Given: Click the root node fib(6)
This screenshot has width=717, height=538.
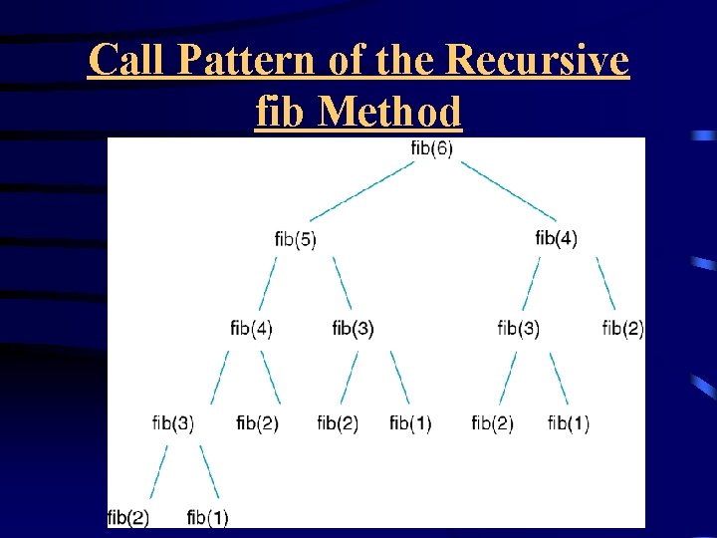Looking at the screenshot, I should [431, 148].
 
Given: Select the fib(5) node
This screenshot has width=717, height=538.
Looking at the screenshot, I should [295, 239].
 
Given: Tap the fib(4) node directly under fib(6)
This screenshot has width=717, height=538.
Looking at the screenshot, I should [556, 238].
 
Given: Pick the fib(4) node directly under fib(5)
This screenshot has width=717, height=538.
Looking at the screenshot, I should [251, 328].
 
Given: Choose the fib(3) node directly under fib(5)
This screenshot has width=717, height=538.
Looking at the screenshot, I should [353, 328].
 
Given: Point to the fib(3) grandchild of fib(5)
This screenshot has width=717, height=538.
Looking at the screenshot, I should [173, 423].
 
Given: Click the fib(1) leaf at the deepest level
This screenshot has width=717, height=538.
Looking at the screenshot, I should [207, 517].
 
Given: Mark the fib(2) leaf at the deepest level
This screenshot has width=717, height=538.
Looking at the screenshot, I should [127, 517].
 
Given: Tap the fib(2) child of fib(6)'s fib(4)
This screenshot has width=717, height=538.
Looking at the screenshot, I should [623, 328].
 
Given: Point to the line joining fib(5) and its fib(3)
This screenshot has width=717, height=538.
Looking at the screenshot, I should [342, 282].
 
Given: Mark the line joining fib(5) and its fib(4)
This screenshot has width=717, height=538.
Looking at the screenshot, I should [266, 282].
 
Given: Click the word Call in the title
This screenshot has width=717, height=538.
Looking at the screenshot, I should [126, 62].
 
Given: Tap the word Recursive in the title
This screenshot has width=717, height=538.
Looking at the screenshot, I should [538, 62].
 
